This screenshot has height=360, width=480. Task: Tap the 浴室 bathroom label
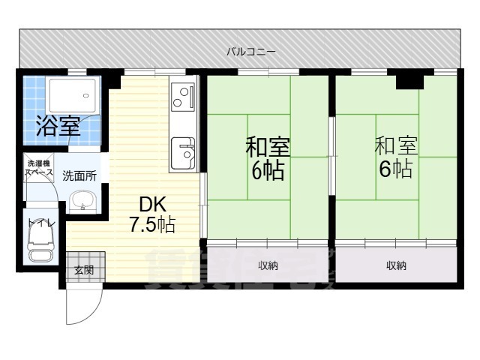58,124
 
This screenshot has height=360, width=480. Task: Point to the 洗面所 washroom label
79,176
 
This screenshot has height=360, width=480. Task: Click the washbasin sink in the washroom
82,201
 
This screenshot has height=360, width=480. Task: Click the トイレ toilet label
40,223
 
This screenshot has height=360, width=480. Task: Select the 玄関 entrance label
83,270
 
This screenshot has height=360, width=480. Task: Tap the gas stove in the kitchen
183,94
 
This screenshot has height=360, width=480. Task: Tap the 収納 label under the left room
268,265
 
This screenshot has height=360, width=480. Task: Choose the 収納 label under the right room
396,265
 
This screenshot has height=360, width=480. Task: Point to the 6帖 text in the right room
395,169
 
